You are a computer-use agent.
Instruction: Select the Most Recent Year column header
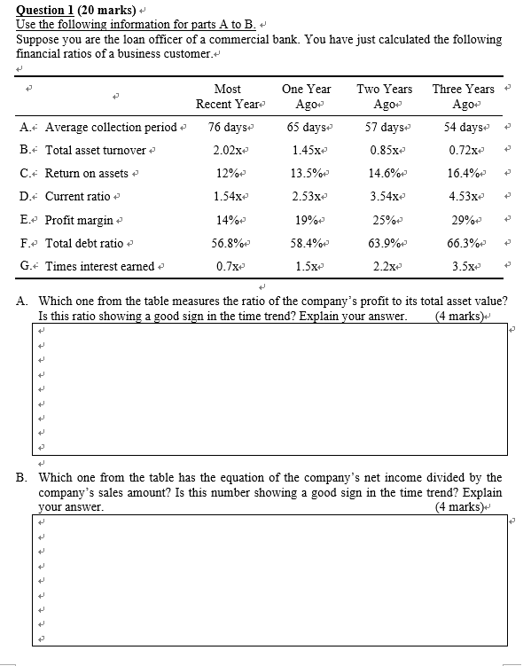click(227, 97)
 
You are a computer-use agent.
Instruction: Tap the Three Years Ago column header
click(463, 97)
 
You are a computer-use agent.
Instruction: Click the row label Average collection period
click(111, 127)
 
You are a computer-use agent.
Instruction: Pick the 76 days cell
click(226, 127)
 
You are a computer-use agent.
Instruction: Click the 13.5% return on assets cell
click(305, 173)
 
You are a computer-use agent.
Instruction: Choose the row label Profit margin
click(79, 219)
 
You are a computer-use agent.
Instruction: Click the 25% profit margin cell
click(384, 219)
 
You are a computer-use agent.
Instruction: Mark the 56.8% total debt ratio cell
click(228, 242)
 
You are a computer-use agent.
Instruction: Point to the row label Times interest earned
click(99, 265)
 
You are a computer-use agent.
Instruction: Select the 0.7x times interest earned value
click(226, 265)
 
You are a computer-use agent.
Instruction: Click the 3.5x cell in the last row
click(463, 265)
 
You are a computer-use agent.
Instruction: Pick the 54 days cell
click(463, 127)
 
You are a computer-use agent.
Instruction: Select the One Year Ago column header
click(306, 97)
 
